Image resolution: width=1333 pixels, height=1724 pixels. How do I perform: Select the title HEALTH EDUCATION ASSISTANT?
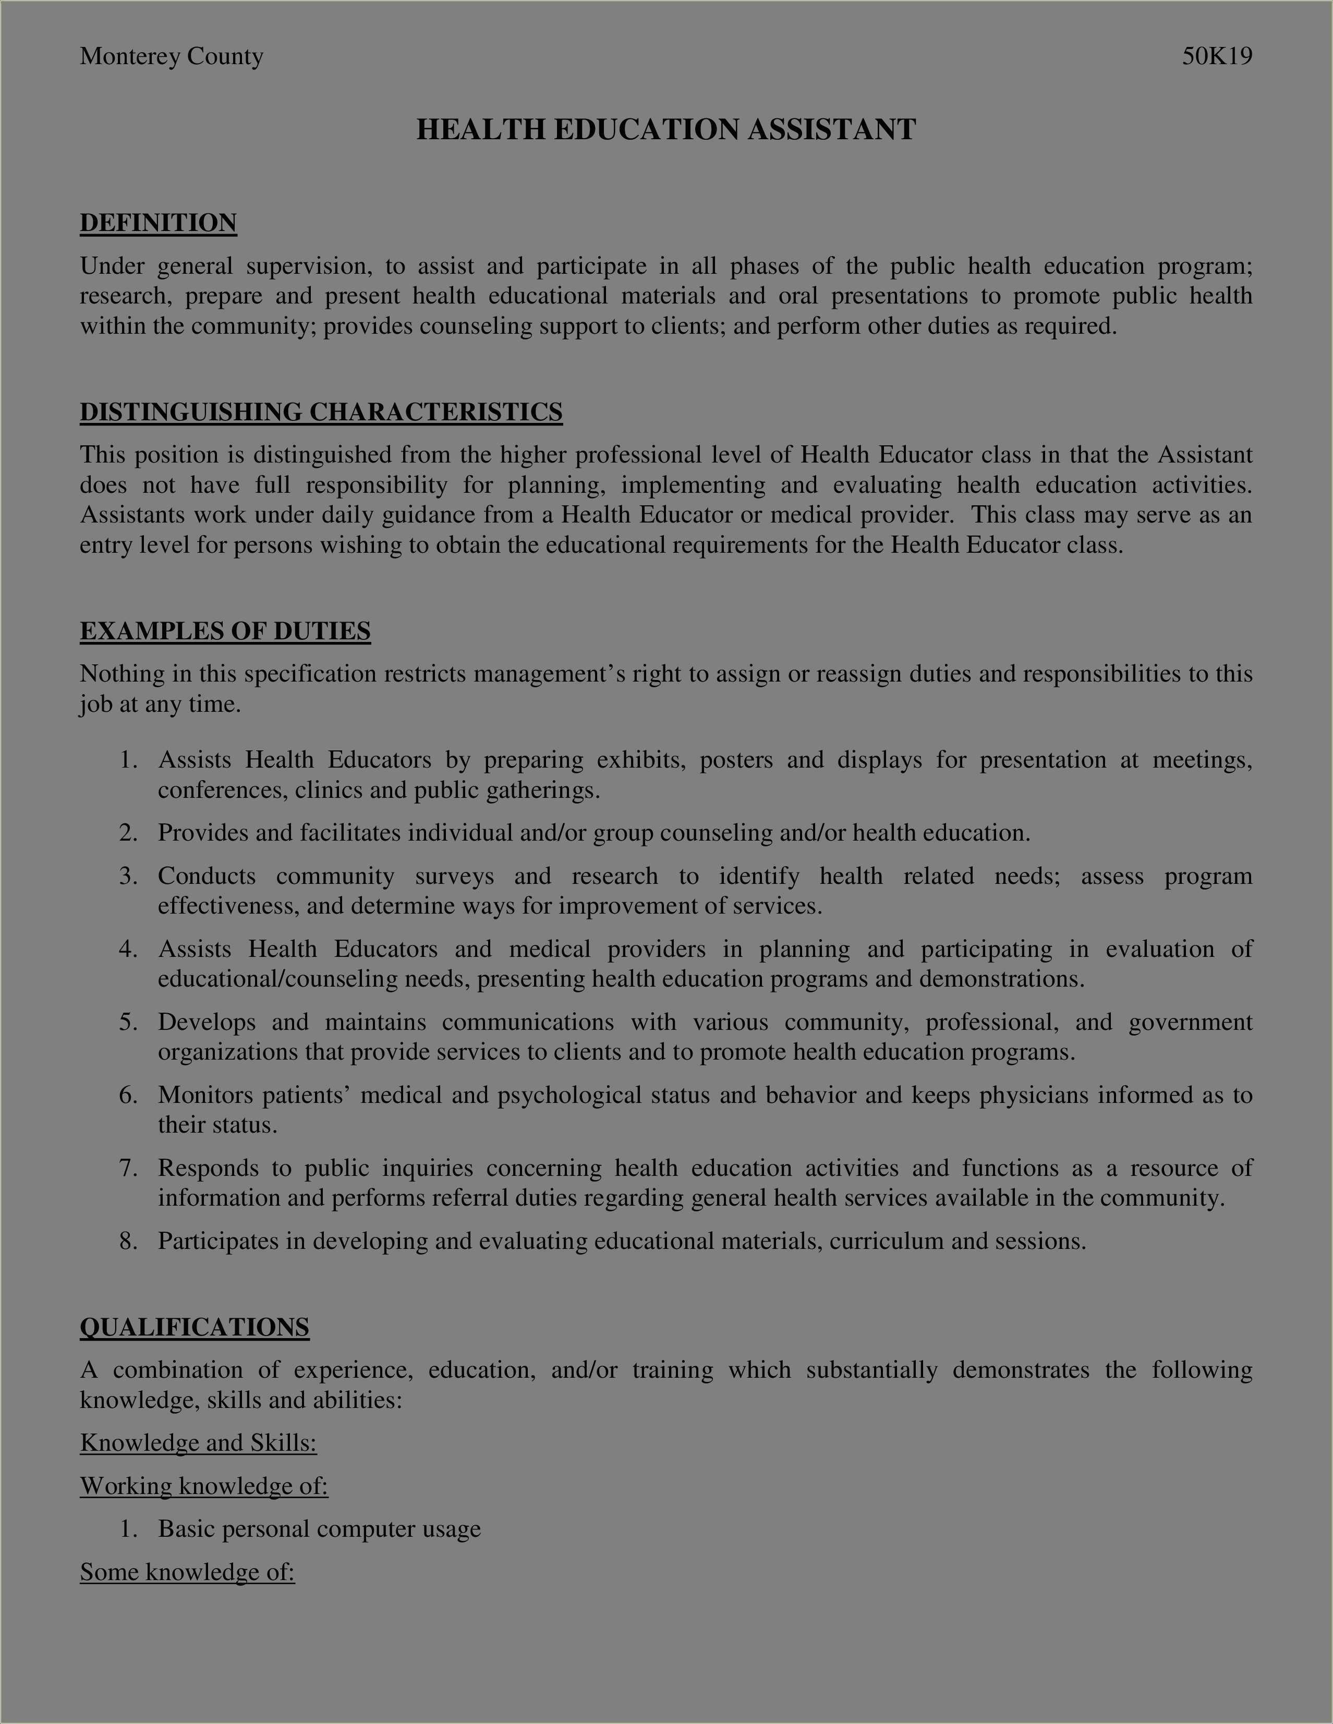pos(666,129)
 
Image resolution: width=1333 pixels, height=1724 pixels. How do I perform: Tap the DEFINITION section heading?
pos(158,223)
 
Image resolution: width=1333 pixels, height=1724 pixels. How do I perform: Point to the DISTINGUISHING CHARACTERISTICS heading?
pos(321,412)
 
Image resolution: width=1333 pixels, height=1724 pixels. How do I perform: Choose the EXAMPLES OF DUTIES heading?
pos(225,632)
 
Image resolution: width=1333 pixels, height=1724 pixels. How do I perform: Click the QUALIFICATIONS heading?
pos(194,1327)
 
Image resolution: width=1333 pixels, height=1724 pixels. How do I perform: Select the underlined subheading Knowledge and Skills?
pos(198,1442)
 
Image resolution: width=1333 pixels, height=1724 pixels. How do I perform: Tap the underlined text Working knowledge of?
pos(203,1486)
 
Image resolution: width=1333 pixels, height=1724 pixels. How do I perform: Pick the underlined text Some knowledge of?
pos(187,1572)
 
